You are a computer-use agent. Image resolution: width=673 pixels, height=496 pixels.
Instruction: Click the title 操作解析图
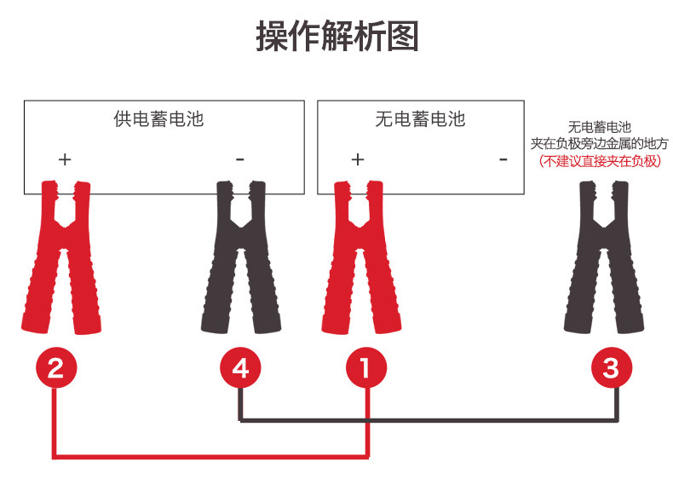coord(336,37)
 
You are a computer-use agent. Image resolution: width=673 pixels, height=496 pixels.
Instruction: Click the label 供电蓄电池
coord(159,118)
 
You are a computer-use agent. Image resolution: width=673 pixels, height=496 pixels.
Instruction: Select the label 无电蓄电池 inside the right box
coord(420,118)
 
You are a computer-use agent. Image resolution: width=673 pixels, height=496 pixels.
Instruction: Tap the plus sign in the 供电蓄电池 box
coord(65,159)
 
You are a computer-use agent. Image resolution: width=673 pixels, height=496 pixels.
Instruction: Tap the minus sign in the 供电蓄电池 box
coord(239,159)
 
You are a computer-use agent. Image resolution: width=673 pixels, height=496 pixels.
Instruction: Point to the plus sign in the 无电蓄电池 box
coord(358,159)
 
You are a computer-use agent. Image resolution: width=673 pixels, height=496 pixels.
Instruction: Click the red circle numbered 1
coord(366,368)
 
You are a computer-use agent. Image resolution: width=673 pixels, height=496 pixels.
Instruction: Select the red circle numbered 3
coord(612,368)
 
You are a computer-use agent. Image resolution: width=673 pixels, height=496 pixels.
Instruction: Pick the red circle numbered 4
coord(241,368)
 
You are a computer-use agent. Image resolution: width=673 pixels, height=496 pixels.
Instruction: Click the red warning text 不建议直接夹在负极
coord(600,160)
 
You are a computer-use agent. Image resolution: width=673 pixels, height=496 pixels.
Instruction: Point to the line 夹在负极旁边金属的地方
coord(600,144)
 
